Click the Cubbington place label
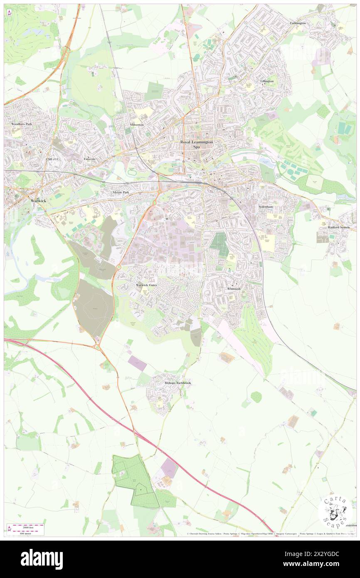point(298,23)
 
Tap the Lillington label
point(267,81)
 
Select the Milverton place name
point(136,125)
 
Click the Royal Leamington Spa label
point(197,144)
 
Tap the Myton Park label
point(121,193)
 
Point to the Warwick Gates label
point(147,285)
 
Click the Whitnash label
point(234,289)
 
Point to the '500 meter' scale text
point(25,533)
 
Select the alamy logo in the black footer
point(42,559)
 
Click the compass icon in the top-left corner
point(9,13)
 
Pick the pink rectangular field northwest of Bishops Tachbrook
point(137,363)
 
